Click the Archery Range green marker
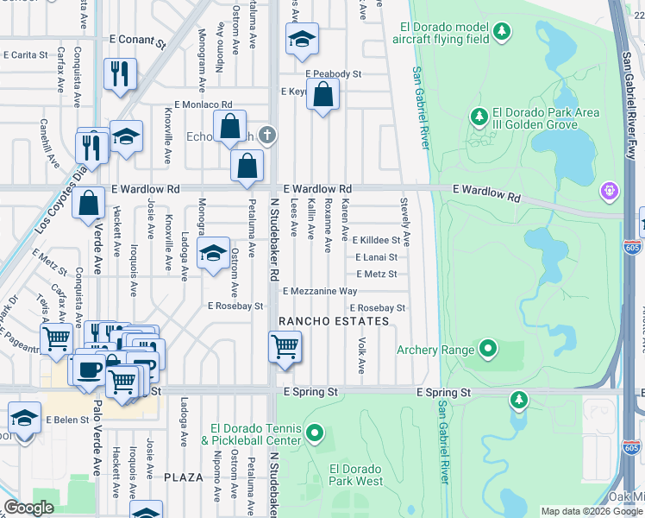(x=489, y=350)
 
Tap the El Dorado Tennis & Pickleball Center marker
(x=315, y=433)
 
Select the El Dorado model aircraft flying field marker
(x=502, y=33)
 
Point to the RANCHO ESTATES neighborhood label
(x=334, y=321)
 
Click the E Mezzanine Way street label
(x=319, y=292)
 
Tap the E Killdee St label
(x=376, y=240)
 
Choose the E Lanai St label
(x=376, y=257)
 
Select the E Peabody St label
(x=333, y=75)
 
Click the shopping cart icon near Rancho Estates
(x=285, y=347)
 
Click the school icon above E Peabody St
(x=302, y=39)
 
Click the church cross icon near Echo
(x=268, y=134)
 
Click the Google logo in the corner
(x=29, y=508)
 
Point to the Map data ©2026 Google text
(x=592, y=511)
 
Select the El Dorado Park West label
(x=356, y=475)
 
